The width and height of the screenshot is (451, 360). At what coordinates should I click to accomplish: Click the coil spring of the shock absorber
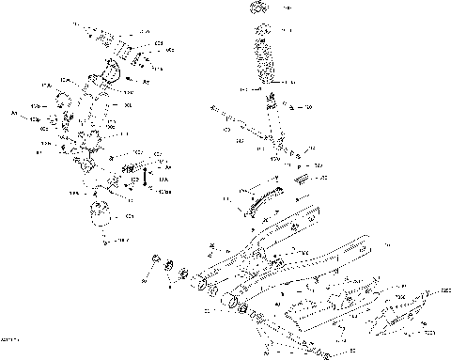click(x=264, y=59)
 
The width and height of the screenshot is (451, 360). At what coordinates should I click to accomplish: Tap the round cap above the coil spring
click(x=262, y=9)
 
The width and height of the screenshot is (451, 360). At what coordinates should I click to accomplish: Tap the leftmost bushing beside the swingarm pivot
click(x=156, y=259)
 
